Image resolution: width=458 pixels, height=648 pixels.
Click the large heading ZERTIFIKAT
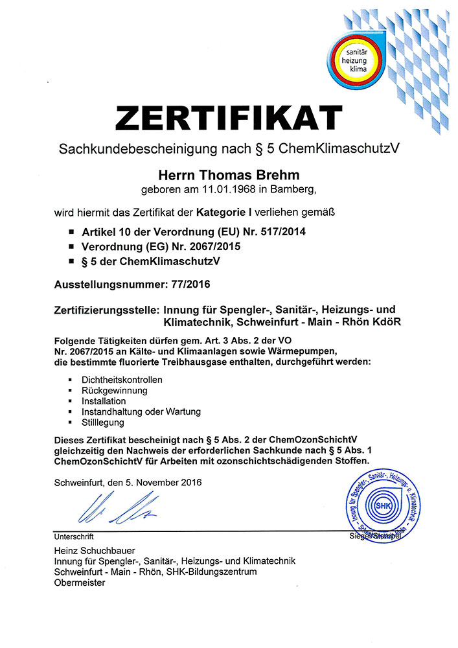tap(229, 118)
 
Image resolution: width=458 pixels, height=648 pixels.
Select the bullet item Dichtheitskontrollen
tap(122, 379)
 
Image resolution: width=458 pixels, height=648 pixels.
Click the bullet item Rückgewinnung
tap(115, 390)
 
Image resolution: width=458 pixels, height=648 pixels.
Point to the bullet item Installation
tap(104, 401)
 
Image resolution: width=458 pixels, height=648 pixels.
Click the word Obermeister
tap(80, 583)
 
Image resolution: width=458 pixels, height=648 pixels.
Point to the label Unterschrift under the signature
tap(74, 537)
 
